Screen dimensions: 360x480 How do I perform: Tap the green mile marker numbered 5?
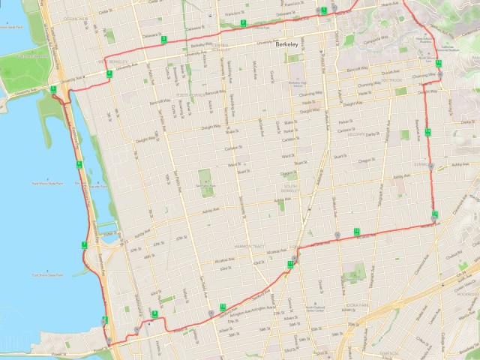point(54,89)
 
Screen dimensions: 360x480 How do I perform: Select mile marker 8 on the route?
point(104,319)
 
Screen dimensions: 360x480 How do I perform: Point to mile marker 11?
point(289,264)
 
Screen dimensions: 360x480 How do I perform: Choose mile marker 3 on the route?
point(163,38)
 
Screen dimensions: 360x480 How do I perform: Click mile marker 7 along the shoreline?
point(85,244)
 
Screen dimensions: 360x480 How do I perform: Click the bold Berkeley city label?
point(287,45)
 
